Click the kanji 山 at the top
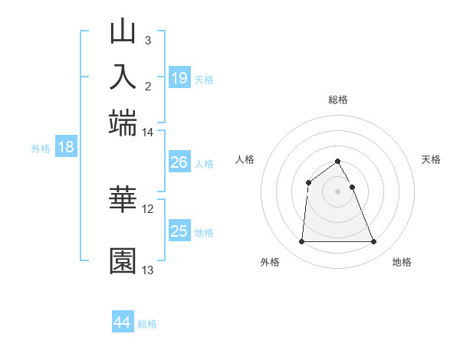point(123,34)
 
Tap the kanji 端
point(123,122)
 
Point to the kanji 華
point(123,198)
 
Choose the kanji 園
point(123,260)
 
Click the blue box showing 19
point(179,77)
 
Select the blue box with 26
point(179,162)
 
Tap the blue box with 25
point(179,231)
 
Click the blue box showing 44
point(123,322)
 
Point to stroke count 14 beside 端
point(148,133)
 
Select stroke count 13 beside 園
point(148,270)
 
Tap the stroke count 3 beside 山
point(147,41)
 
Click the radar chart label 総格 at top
point(338,100)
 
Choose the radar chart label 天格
point(432,159)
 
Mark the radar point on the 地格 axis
point(374,242)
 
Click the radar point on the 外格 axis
point(301,242)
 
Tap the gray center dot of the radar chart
point(338,191)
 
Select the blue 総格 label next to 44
point(147,324)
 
